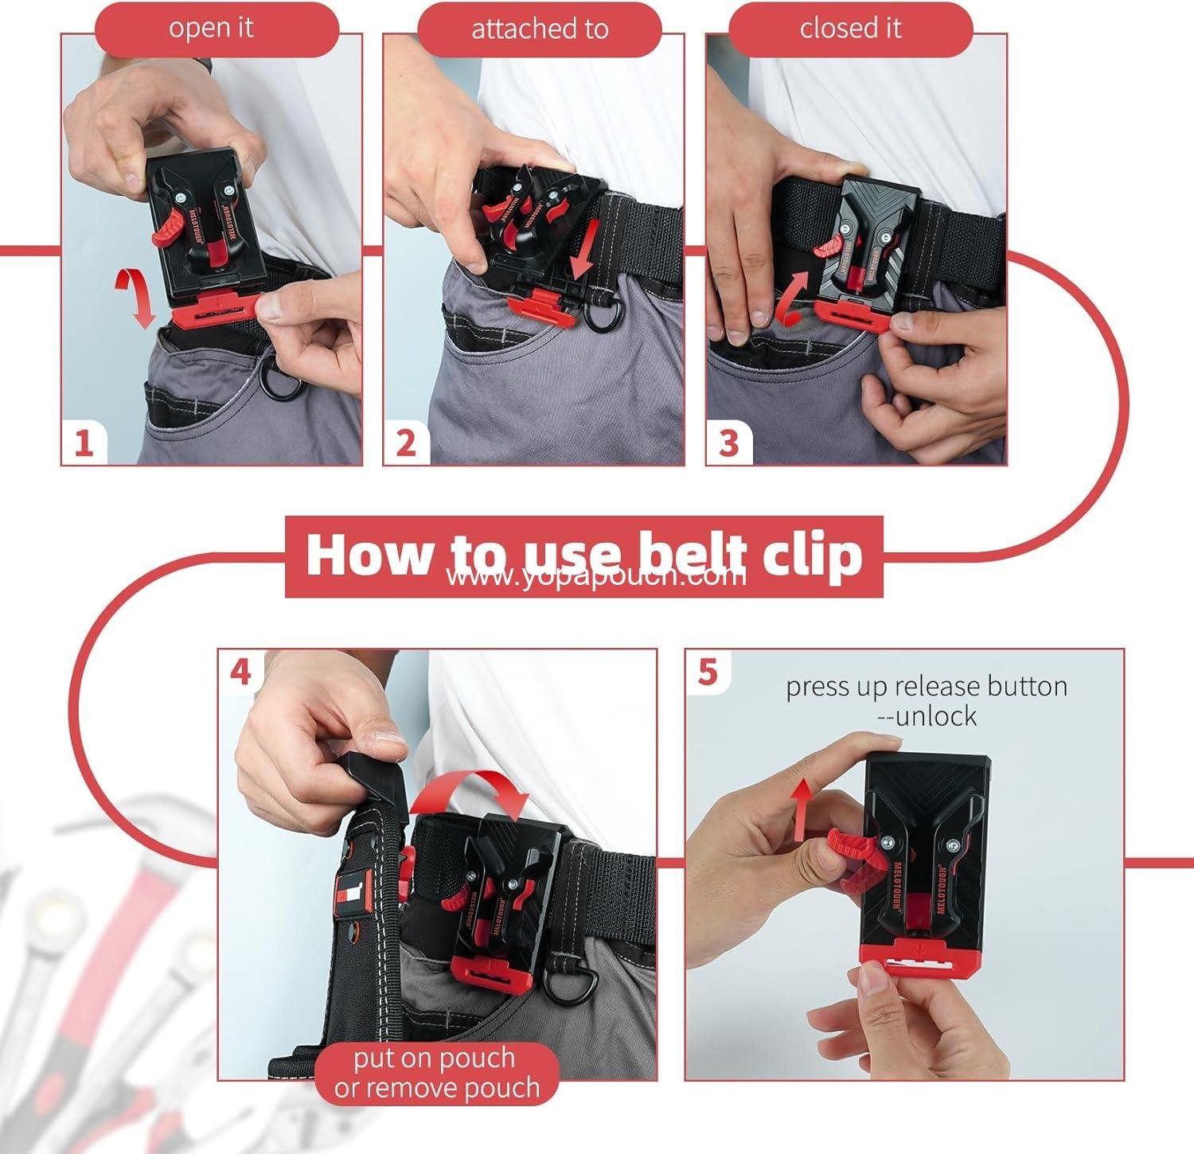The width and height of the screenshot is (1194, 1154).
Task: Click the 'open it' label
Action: (211, 29)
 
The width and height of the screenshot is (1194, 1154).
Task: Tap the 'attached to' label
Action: (539, 30)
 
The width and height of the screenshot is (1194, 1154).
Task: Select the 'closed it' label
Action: (850, 29)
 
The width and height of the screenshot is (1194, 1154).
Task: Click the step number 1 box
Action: (84, 442)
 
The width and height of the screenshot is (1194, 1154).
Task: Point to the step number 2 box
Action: (407, 442)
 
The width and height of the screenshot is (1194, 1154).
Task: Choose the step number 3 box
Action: (728, 442)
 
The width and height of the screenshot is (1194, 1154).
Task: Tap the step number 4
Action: (240, 673)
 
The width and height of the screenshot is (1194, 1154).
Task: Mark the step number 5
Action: (708, 673)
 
